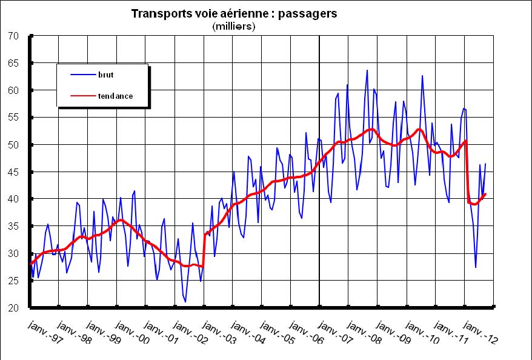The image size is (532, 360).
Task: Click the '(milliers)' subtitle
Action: [x=233, y=26]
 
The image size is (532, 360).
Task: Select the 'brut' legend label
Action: [x=105, y=75]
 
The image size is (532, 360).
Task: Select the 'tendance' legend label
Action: [x=115, y=96]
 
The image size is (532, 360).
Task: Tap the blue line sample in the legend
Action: [x=81, y=75]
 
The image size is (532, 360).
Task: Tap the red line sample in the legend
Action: [x=81, y=96]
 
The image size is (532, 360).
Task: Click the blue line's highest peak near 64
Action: [x=367, y=70]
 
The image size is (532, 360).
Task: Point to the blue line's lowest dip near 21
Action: [x=185, y=302]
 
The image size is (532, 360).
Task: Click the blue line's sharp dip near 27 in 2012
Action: [x=476, y=267]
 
